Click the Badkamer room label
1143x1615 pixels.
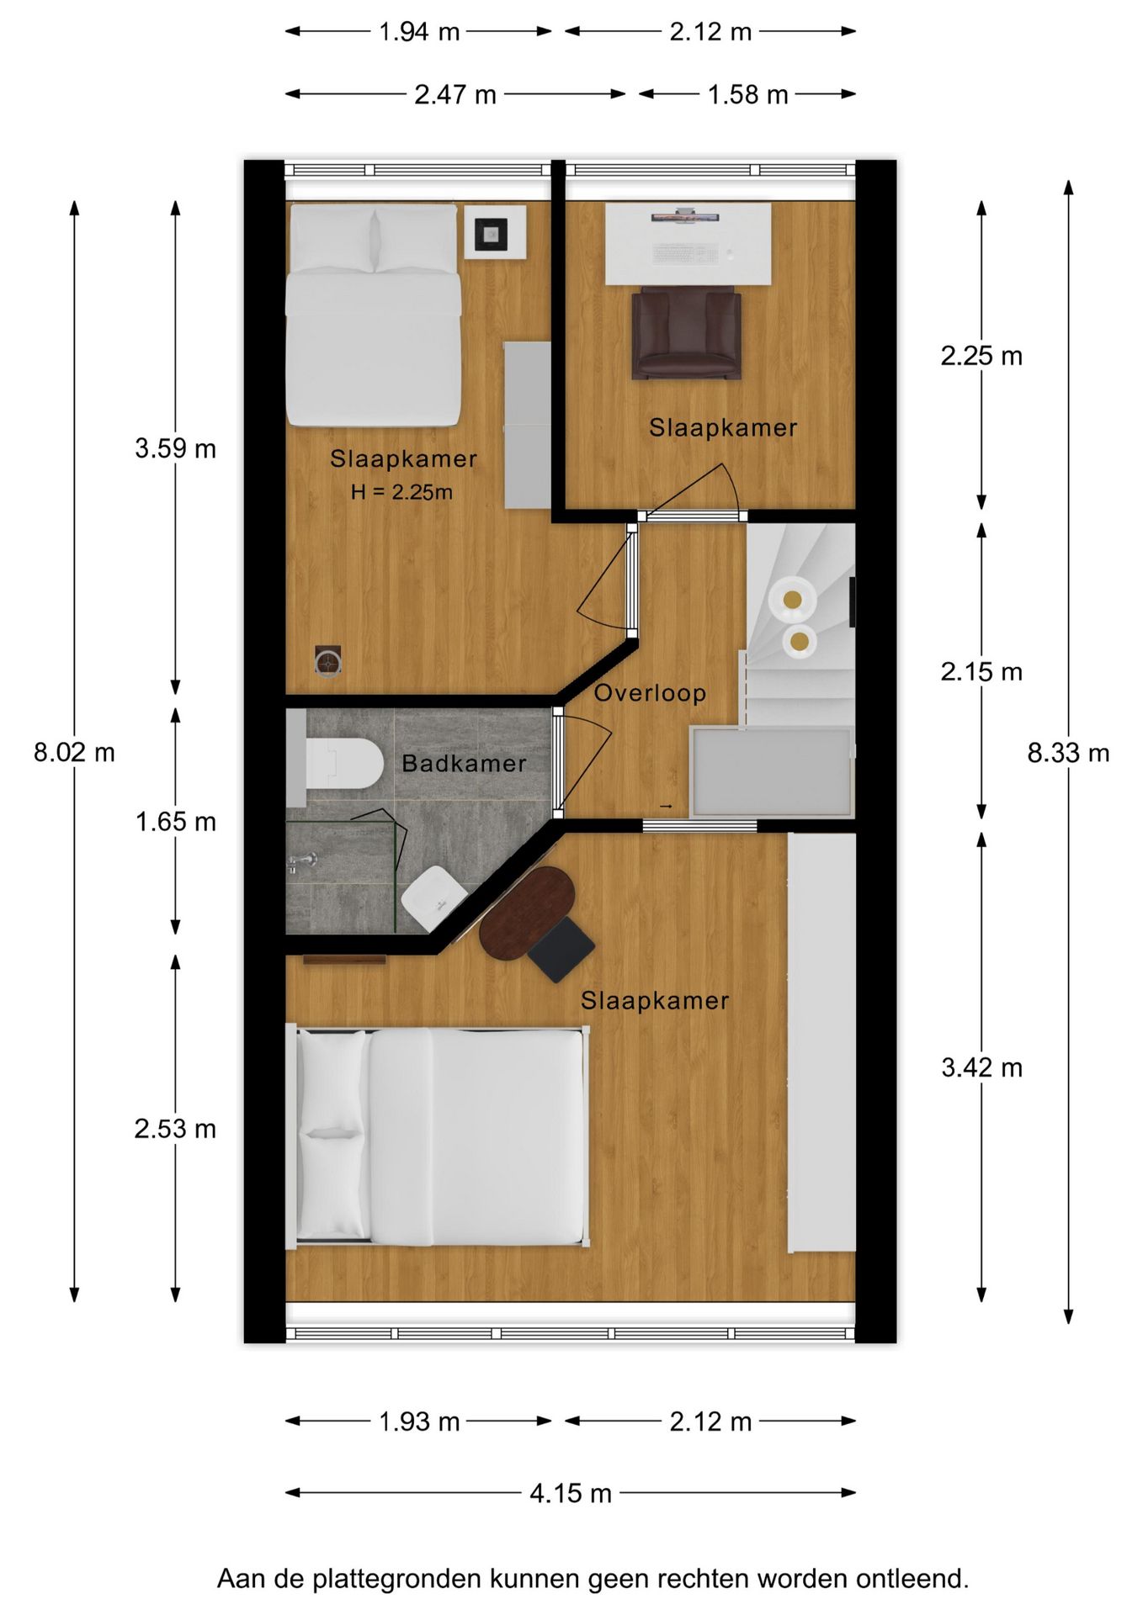(464, 764)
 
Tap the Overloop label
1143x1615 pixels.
(650, 693)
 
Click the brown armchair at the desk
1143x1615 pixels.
(686, 332)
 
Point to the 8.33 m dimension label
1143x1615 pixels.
(1068, 753)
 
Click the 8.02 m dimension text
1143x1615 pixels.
(74, 752)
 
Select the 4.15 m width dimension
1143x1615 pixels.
(570, 1493)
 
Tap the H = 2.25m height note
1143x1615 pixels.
(401, 492)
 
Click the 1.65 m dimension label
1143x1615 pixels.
(175, 822)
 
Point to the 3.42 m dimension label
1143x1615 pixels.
(981, 1068)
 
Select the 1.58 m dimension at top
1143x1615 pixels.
(747, 95)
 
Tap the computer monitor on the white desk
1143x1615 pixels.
(685, 218)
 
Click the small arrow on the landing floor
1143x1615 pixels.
(666, 807)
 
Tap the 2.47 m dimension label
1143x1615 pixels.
(455, 95)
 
